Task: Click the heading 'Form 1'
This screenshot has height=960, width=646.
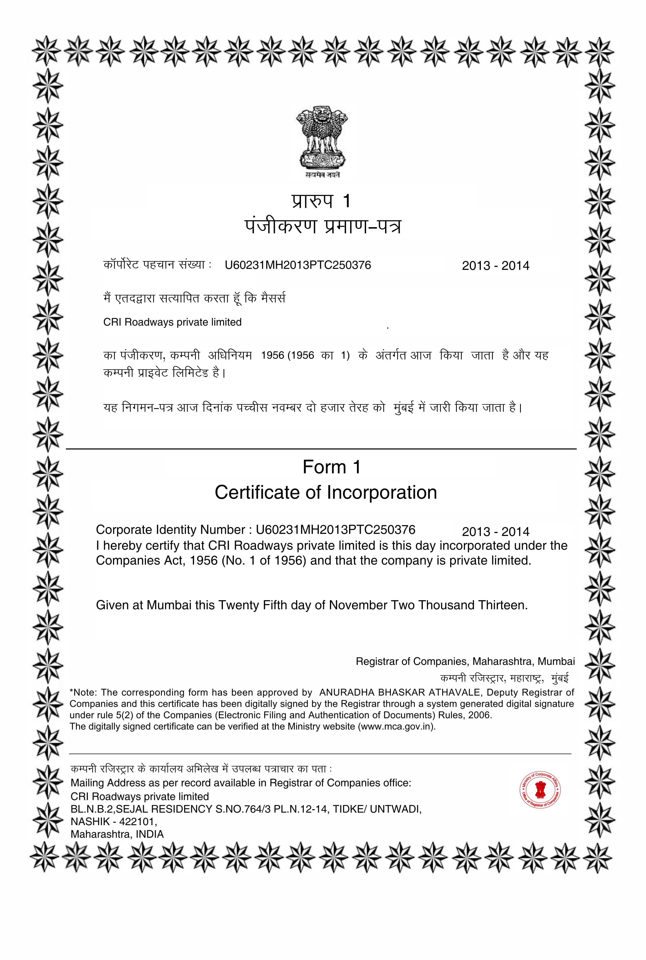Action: (x=332, y=467)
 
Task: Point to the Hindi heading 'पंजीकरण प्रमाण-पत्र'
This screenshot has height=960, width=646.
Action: (x=322, y=227)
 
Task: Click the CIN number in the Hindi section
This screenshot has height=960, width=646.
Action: (x=298, y=265)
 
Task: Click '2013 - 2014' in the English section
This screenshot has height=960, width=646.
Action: (x=496, y=532)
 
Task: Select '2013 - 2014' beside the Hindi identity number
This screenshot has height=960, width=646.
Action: (x=496, y=266)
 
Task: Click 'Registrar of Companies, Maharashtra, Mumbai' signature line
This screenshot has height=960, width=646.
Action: (x=465, y=661)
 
